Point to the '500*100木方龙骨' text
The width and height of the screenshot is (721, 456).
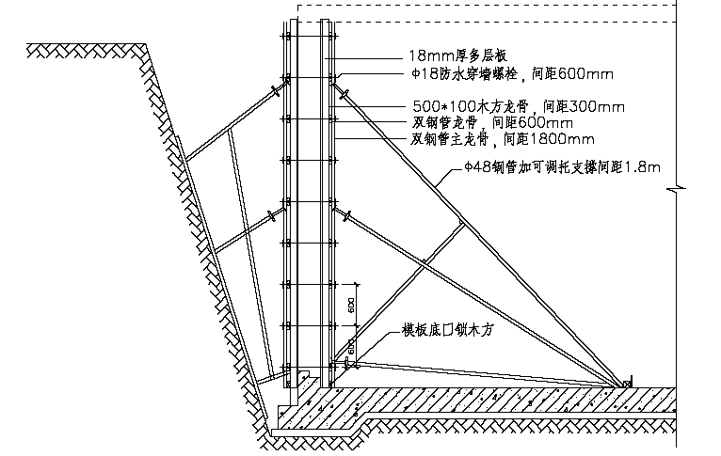(x=465, y=107)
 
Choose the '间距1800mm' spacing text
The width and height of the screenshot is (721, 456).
(x=550, y=139)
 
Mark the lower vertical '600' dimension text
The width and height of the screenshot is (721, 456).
(x=349, y=347)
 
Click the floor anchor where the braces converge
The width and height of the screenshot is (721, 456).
(x=625, y=384)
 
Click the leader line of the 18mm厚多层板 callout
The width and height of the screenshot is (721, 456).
(x=367, y=57)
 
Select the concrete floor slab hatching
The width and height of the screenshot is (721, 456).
(x=471, y=401)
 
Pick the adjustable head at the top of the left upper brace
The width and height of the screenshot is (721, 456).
(x=276, y=91)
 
